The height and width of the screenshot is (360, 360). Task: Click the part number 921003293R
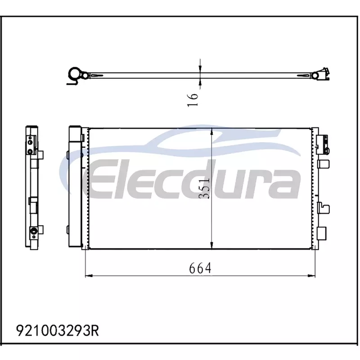pos(58,331)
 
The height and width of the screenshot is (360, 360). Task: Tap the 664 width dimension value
pos(200,268)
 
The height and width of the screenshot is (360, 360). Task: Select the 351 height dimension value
pos(204,188)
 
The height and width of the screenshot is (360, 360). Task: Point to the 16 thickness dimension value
pos(193,99)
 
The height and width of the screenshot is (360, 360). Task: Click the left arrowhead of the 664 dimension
pos(89,275)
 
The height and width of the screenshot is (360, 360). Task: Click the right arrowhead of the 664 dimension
pos(311,275)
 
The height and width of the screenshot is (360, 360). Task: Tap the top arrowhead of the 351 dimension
pos(211,132)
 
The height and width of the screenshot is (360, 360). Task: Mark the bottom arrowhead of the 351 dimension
pos(211,245)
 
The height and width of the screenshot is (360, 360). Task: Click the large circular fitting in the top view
pos(74,73)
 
